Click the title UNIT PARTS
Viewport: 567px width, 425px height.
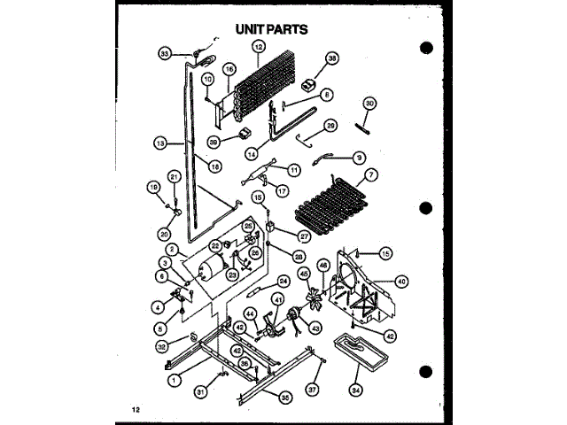(x=271, y=28)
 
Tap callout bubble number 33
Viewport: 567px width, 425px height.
(x=165, y=54)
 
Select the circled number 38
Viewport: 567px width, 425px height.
(x=332, y=59)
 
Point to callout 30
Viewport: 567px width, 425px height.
(x=370, y=103)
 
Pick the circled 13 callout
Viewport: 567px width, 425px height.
(x=159, y=141)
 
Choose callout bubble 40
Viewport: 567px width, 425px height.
(x=401, y=282)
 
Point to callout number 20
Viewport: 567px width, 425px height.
(x=163, y=234)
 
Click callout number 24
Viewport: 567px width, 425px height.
(x=283, y=282)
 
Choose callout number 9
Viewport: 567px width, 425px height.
(x=359, y=158)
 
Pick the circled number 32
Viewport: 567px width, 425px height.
(x=162, y=346)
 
